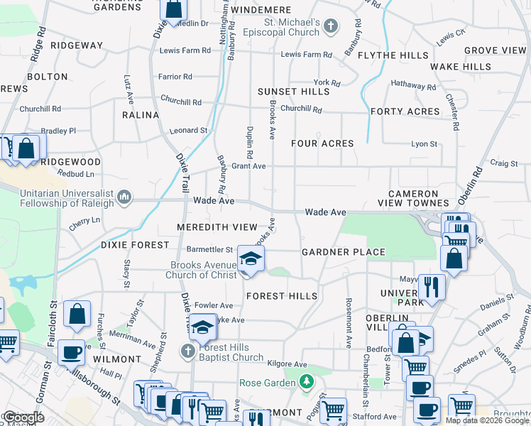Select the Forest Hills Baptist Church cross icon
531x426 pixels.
(187, 351)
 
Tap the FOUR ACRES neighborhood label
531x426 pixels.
(322, 143)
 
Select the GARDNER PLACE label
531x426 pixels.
(343, 252)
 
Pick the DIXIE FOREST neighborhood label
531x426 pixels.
(135, 245)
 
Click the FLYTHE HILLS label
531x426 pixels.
(393, 55)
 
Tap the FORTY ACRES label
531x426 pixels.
(405, 111)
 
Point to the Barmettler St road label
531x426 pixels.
(209, 249)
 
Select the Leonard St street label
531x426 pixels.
(188, 131)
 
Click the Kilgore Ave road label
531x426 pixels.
(287, 364)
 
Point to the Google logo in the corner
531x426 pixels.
(23, 417)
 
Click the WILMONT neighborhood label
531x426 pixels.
(116, 359)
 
